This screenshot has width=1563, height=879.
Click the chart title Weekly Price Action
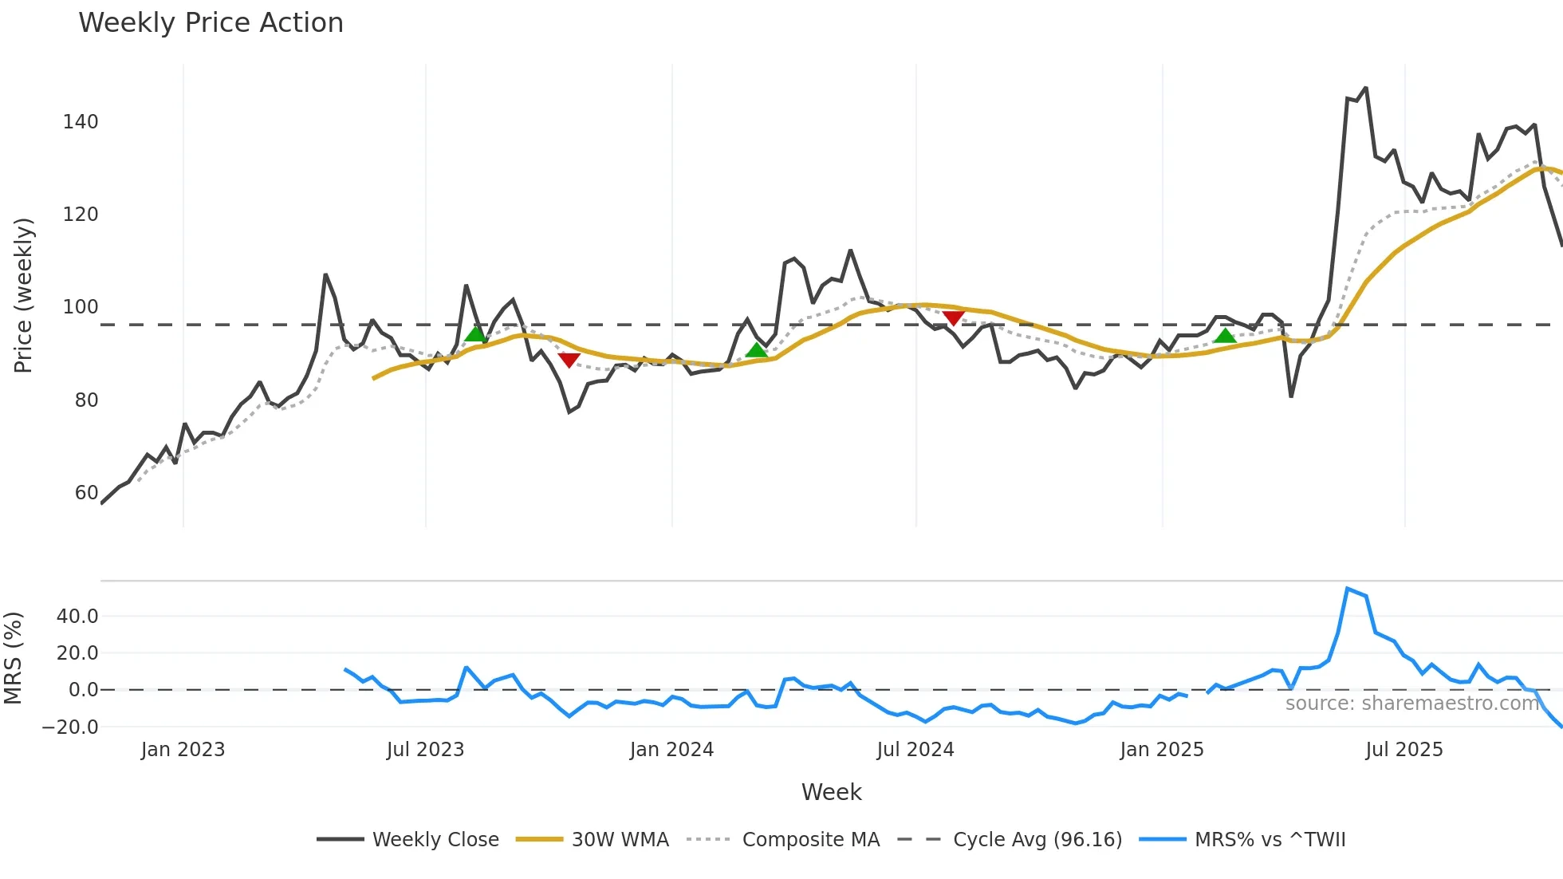pos(211,23)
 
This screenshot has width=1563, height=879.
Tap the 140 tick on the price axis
pos(81,122)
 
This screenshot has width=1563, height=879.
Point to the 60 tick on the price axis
pos(86,493)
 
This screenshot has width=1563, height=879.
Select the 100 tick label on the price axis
pos(81,307)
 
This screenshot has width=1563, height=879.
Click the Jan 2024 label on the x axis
pos(671,750)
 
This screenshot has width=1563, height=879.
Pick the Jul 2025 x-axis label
pos(1404,750)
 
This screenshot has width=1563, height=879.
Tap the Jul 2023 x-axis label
pos(425,750)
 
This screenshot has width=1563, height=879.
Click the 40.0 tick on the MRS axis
pos(77,617)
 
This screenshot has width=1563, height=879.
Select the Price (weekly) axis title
pos(23,295)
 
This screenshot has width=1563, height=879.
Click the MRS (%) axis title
pos(13,658)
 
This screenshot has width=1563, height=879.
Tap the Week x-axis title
pos(831,792)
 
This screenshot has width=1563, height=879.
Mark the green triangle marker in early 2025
pos(1225,336)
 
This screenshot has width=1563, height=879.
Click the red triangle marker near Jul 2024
pos(953,317)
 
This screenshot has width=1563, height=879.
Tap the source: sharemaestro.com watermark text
pos(1411,704)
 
